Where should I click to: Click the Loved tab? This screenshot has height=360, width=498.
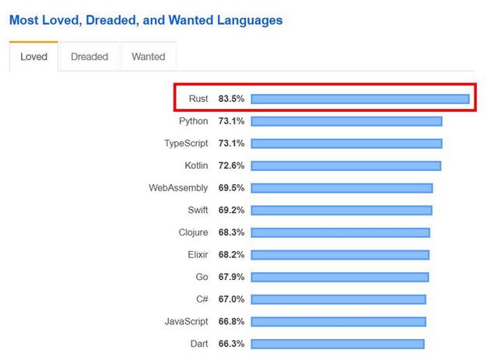click(33, 57)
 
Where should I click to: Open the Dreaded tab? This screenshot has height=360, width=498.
click(89, 57)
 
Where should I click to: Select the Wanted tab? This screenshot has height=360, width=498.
click(148, 57)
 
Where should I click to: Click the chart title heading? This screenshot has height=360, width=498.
click(146, 20)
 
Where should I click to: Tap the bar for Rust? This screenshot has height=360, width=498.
click(359, 99)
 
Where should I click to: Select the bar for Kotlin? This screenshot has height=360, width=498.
click(345, 166)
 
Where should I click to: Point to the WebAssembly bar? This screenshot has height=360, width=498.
click(342, 188)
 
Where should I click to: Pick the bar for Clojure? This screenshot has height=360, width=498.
click(340, 232)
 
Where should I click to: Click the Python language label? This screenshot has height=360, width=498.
click(193, 121)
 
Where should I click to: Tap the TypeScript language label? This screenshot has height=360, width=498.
click(186, 144)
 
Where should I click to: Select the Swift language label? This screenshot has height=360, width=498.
click(198, 211)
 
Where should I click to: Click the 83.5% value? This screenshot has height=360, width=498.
click(231, 99)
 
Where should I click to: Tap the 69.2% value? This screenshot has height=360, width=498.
click(231, 211)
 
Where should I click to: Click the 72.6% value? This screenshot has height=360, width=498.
click(231, 166)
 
